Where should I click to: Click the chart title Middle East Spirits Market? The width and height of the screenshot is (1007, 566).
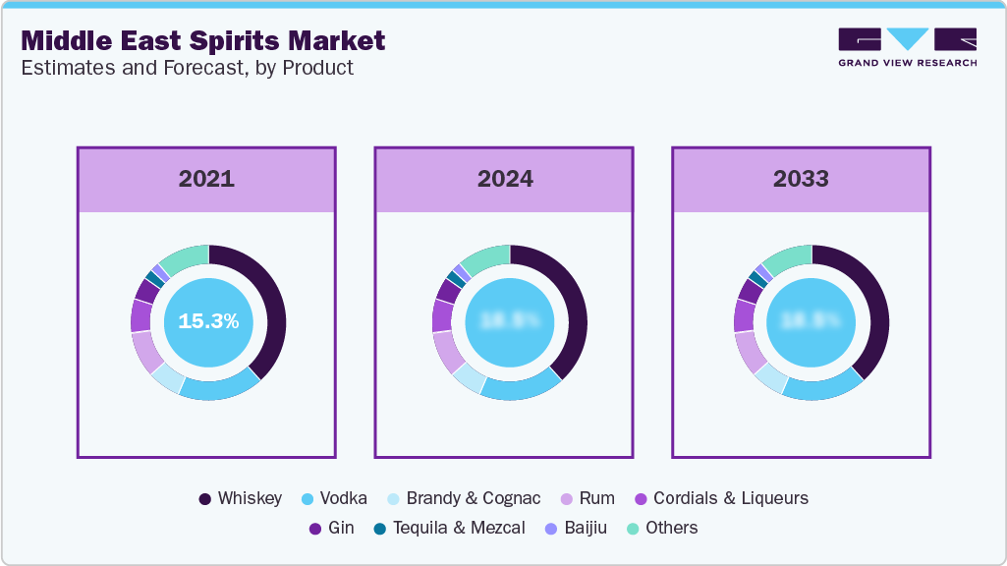point(202,41)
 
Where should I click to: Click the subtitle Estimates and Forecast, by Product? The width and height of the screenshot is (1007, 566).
point(187,68)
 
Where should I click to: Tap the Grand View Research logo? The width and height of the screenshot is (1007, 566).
point(907,47)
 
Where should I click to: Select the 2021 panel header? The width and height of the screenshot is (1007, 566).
point(206,179)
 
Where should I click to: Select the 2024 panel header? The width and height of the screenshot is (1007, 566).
point(505,179)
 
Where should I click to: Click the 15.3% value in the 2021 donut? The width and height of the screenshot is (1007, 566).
point(208,321)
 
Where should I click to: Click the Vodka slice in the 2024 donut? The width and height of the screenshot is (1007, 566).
point(521,387)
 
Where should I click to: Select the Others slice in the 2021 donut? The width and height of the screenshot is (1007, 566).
point(185,257)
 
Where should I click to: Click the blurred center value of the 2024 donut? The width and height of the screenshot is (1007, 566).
point(509,321)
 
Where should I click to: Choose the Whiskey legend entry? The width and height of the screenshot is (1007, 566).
point(240,498)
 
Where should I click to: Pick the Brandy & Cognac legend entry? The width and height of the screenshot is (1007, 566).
point(462,498)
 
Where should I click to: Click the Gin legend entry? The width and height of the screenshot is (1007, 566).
point(331,528)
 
